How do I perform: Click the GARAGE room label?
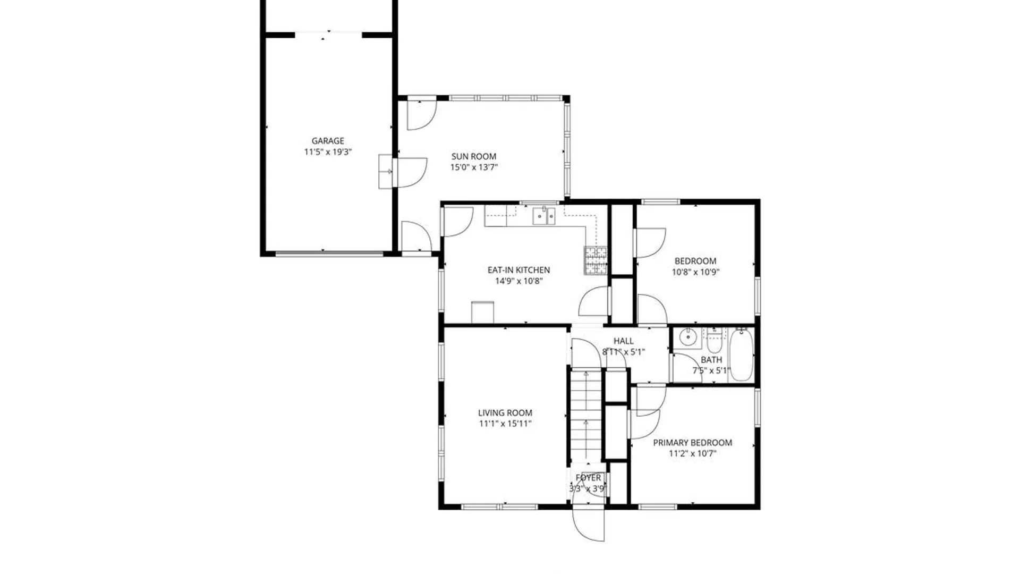(327, 141)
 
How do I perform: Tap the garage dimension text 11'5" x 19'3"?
(327, 152)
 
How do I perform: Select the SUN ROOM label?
(474, 156)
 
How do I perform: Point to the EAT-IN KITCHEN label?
(518, 270)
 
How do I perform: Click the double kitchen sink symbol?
(543, 216)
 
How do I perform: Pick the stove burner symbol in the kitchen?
(596, 260)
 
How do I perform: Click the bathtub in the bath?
(741, 354)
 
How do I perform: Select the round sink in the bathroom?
(688, 337)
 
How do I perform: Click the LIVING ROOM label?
(505, 413)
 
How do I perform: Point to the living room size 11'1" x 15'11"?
(505, 424)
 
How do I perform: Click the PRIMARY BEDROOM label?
(692, 443)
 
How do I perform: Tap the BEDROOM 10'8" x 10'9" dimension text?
(695, 272)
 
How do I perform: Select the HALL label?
(623, 341)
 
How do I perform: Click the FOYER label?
(588, 478)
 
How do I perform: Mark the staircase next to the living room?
(585, 415)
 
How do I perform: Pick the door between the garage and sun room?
(411, 172)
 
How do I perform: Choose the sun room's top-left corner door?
(421, 115)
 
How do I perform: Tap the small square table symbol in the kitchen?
(482, 312)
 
